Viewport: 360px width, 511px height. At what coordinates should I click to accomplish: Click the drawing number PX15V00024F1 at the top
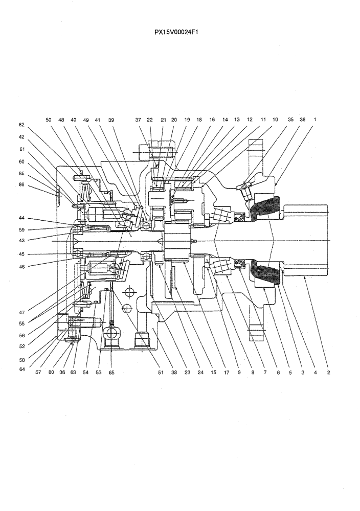click(176, 32)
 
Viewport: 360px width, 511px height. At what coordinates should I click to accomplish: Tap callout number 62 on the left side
click(21, 125)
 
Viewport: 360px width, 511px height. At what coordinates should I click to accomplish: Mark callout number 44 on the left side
click(21, 218)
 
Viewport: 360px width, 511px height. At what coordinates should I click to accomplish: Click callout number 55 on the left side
click(21, 323)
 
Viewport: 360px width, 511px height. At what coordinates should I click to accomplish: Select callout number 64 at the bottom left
click(21, 368)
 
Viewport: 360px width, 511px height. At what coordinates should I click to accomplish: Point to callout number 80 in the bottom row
click(51, 373)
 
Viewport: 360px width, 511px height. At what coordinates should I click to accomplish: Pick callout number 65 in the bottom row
click(111, 373)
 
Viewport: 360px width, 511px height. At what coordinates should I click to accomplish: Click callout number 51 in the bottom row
click(160, 373)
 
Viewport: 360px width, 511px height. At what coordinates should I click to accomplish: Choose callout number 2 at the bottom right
click(328, 373)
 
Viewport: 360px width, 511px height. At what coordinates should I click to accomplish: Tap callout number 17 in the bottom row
click(226, 373)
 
